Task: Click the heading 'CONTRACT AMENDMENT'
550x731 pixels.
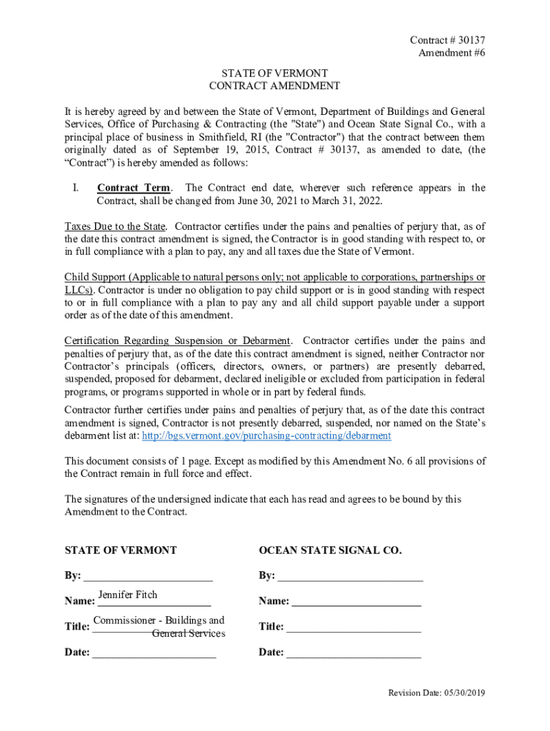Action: pyautogui.click(x=274, y=86)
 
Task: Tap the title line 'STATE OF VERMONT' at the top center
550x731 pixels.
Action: pyautogui.click(x=274, y=74)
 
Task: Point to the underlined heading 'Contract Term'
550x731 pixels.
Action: pyautogui.click(x=134, y=188)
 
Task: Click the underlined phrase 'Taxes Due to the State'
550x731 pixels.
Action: pyautogui.click(x=114, y=227)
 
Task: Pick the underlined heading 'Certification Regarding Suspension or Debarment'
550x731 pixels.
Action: pyautogui.click(x=177, y=341)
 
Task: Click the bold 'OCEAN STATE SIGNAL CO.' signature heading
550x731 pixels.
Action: pyautogui.click(x=330, y=550)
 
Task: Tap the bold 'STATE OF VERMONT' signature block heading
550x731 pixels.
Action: pyautogui.click(x=121, y=550)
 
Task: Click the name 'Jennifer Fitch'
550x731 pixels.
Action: pyautogui.click(x=127, y=595)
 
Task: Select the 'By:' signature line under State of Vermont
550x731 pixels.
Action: pyautogui.click(x=148, y=576)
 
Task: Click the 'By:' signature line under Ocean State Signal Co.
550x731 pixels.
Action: pyautogui.click(x=350, y=576)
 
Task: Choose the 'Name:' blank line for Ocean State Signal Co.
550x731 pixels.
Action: pyautogui.click(x=356, y=602)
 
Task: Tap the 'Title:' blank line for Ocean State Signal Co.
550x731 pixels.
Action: pyautogui.click(x=354, y=627)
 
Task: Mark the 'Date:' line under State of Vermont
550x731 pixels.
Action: pyautogui.click(x=154, y=652)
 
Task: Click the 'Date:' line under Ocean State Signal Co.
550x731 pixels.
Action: pyautogui.click(x=354, y=652)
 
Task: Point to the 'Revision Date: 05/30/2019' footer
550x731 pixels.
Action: pyautogui.click(x=436, y=693)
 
